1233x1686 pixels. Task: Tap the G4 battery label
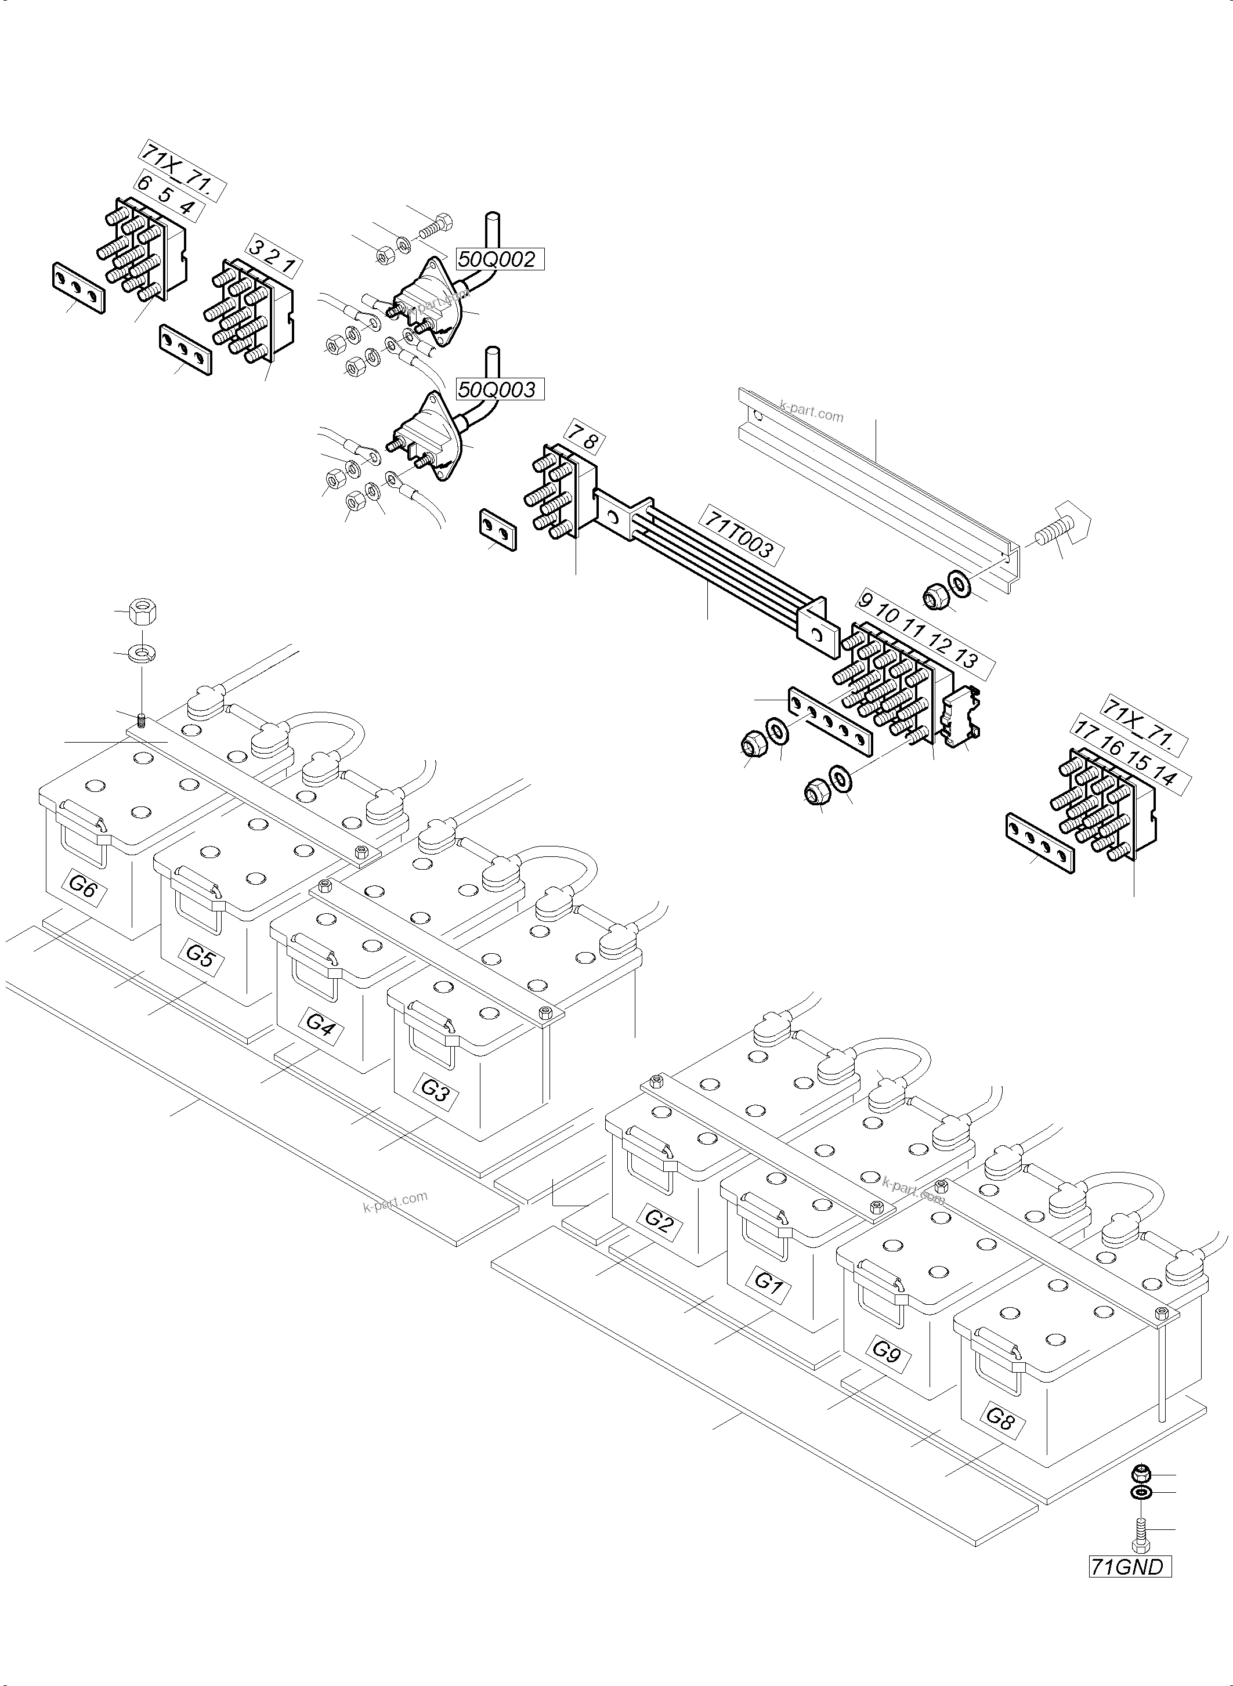pos(320,1024)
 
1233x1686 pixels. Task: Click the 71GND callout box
pos(1128,1566)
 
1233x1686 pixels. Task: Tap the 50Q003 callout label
pos(497,390)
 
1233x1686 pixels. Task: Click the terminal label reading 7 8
pos(584,438)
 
